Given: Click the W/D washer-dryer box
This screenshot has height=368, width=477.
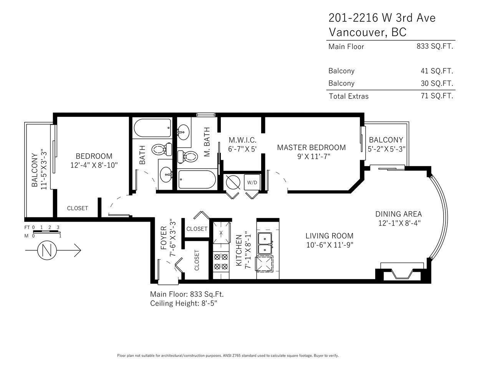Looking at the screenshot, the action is click(x=252, y=182).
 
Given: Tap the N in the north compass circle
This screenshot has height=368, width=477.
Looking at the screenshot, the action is click(x=47, y=250).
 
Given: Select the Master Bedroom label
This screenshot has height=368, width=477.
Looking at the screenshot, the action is click(x=311, y=148).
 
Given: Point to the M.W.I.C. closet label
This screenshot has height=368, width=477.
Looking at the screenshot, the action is click(x=242, y=140).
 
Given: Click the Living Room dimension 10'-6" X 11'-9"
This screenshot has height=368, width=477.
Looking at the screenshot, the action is click(x=330, y=245).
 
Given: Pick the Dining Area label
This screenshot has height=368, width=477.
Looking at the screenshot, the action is click(x=398, y=214).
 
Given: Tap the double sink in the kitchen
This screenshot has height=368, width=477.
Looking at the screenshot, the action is click(x=265, y=243).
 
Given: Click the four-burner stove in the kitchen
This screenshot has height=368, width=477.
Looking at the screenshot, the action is click(x=221, y=261).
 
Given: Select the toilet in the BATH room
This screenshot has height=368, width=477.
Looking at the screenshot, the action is click(x=162, y=149).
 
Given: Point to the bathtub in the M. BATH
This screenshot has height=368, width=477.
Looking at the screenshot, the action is click(x=197, y=180).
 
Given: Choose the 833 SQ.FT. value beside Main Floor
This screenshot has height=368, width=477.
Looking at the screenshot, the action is click(x=435, y=46).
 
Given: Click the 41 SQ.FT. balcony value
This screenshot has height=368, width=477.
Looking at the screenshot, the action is click(x=437, y=71).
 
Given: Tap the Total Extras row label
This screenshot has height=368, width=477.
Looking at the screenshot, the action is click(x=349, y=96).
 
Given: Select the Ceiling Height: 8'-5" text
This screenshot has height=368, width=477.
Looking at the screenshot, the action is click(x=184, y=303).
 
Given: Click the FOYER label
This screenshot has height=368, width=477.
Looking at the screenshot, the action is click(x=164, y=238).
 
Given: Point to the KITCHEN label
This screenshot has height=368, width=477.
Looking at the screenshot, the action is click(x=239, y=250).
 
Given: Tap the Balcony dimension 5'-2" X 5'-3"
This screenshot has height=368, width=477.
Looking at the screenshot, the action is click(x=387, y=149).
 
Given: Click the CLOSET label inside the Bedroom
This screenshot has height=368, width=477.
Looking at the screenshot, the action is click(x=78, y=208).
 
